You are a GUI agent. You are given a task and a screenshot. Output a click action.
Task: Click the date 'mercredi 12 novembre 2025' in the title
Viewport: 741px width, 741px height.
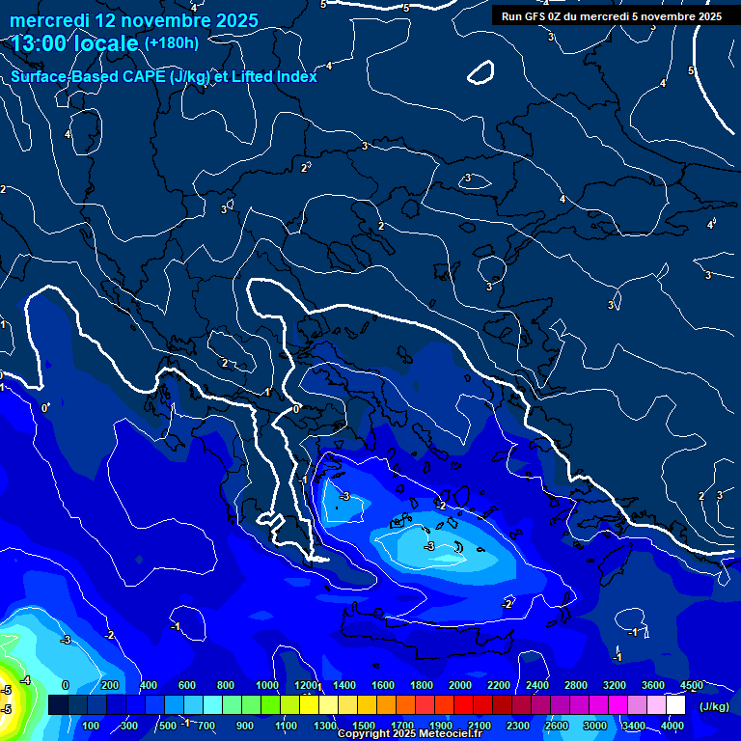(x=134, y=20)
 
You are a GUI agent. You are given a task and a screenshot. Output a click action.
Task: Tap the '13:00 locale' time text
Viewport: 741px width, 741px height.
(x=75, y=44)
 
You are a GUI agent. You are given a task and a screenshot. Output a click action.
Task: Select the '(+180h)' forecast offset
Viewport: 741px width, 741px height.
(x=172, y=42)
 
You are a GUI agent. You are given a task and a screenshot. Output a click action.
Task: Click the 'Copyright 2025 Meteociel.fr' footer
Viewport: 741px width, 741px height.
(x=409, y=734)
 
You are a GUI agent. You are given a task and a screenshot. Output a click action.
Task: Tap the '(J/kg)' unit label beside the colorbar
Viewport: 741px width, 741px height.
(x=715, y=706)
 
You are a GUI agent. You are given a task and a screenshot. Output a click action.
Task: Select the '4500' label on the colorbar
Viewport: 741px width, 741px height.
(x=691, y=685)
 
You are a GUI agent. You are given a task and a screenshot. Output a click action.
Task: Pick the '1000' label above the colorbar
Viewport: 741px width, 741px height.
(x=266, y=685)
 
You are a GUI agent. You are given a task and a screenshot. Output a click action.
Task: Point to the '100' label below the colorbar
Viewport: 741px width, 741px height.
(x=92, y=726)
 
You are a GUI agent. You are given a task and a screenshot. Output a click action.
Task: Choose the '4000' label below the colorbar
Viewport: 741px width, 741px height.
(x=672, y=726)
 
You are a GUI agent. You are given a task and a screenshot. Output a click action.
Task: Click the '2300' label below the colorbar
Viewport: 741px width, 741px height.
(x=518, y=726)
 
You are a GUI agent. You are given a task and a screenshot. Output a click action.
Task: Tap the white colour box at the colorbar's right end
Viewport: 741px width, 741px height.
(x=675, y=705)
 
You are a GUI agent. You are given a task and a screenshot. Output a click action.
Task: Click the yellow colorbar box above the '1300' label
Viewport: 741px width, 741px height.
(x=325, y=705)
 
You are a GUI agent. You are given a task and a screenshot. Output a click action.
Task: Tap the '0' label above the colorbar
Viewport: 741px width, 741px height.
(x=66, y=685)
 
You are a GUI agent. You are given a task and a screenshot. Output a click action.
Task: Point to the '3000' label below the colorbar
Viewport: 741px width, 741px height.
(x=595, y=726)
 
